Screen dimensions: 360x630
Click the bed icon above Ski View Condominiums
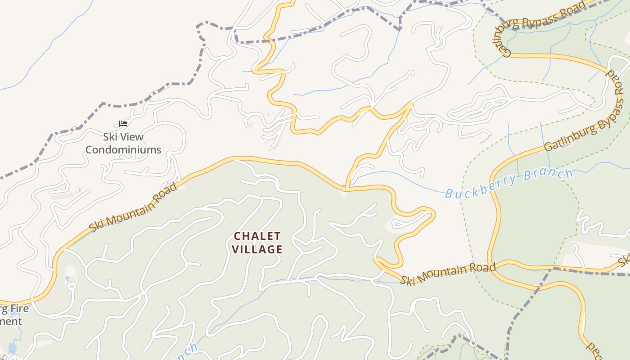click(123, 123)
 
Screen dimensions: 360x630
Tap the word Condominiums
click(123, 150)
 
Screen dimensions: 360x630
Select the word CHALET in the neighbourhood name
click(257, 236)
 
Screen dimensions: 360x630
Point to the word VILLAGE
click(257, 249)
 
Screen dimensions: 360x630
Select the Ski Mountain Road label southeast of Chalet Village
click(448, 273)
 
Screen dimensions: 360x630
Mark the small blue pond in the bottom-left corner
click(12, 348)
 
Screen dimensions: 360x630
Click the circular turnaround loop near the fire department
click(72, 286)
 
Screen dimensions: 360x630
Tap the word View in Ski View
click(132, 137)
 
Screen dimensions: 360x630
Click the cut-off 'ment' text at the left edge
click(11, 321)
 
